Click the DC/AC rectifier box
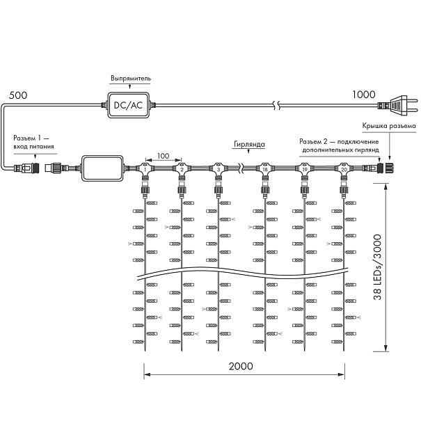pos(128,105)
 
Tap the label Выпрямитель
pos(131,79)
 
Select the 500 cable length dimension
pos(18,95)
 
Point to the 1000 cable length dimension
pos(364,95)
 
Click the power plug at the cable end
pos(398,105)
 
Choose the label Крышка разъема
pos(389,126)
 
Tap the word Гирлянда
pos(249,144)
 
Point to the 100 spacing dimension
pos(164,156)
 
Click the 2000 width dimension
pos(241,366)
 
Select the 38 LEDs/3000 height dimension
pos(377,267)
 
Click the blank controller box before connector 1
pos(102,168)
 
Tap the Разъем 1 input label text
pos(33,142)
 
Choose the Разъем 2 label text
pos(339,145)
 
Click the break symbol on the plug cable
pos(277,105)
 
